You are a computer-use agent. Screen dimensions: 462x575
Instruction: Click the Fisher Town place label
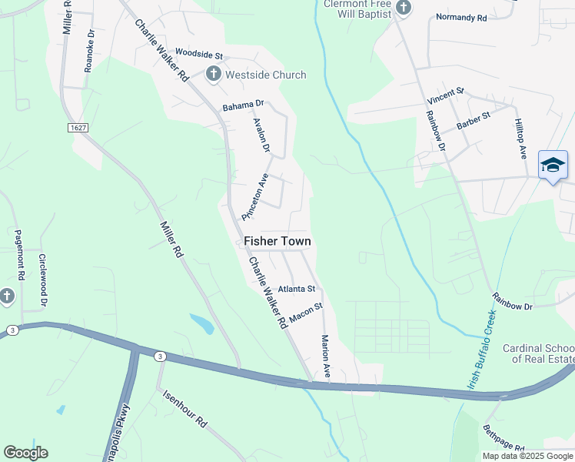coord(278,241)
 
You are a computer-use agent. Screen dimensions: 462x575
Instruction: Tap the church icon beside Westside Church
coord(213,75)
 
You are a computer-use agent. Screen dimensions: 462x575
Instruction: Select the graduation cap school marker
coord(553,165)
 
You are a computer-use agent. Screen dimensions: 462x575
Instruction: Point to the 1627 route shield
coord(77,128)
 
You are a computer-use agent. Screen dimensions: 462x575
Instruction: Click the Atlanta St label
coord(297,289)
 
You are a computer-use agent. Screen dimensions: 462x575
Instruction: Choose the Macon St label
coord(305,312)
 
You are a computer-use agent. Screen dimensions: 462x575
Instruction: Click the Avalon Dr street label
coord(261,133)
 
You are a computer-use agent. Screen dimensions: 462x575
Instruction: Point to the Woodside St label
coord(198,55)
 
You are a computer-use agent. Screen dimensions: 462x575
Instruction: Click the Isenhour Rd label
coord(185,409)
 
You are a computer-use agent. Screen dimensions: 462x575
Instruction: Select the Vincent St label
coord(447,96)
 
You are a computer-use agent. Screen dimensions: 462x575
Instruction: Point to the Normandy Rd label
coord(461,17)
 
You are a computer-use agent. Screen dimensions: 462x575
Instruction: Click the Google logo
coord(25,453)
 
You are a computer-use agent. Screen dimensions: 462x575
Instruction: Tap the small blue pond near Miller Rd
coord(201,324)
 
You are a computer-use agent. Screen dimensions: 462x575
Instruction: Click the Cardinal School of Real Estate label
coord(538,353)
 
